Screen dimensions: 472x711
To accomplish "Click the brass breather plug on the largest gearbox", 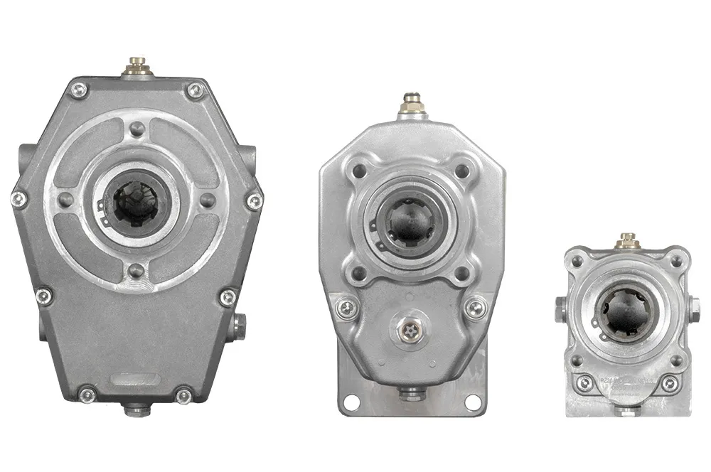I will (x=137, y=68).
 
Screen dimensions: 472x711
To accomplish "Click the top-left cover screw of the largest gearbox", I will (x=80, y=90).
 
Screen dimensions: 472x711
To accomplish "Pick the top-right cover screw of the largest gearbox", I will (x=194, y=90).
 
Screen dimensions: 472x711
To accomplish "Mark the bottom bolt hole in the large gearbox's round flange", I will (x=137, y=271).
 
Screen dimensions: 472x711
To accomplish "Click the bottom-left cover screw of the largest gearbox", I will (x=87, y=394).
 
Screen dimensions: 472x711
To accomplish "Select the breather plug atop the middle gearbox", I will (x=412, y=104).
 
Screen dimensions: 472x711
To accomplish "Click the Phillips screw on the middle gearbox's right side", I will (x=475, y=308).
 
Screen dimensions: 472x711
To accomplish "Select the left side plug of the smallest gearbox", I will (x=560, y=308).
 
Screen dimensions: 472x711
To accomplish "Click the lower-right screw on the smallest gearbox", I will (x=668, y=384).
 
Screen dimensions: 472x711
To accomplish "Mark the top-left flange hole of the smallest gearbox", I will (x=577, y=262).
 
